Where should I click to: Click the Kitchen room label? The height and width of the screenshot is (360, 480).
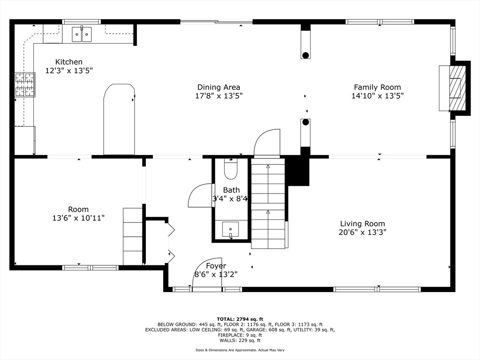69,62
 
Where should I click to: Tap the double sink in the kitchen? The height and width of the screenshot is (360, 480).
82,34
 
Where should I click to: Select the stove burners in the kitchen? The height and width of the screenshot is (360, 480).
25,84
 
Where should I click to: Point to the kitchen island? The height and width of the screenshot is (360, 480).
119,119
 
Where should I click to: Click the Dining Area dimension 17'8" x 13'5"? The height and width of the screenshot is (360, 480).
219,96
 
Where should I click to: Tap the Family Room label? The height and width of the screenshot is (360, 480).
377,87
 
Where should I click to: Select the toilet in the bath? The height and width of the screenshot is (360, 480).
231,169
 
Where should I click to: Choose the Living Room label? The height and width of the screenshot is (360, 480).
362,224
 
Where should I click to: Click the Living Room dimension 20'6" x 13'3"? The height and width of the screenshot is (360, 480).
362,232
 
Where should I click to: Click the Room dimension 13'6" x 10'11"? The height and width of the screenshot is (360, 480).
78,218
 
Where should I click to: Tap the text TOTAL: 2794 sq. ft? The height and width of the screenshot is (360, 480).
240,319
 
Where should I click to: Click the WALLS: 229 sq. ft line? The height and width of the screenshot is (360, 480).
240,340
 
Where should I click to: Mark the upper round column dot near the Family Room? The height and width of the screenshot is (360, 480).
306,55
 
